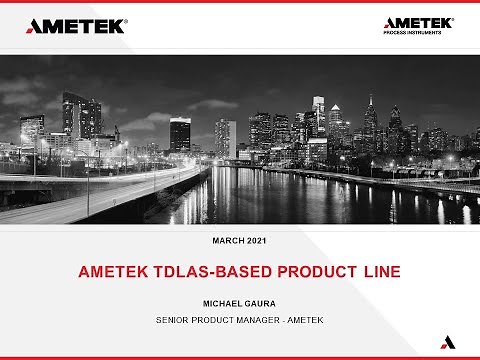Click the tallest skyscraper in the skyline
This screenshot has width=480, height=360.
318,120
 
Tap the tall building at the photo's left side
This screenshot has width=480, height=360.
75,118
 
